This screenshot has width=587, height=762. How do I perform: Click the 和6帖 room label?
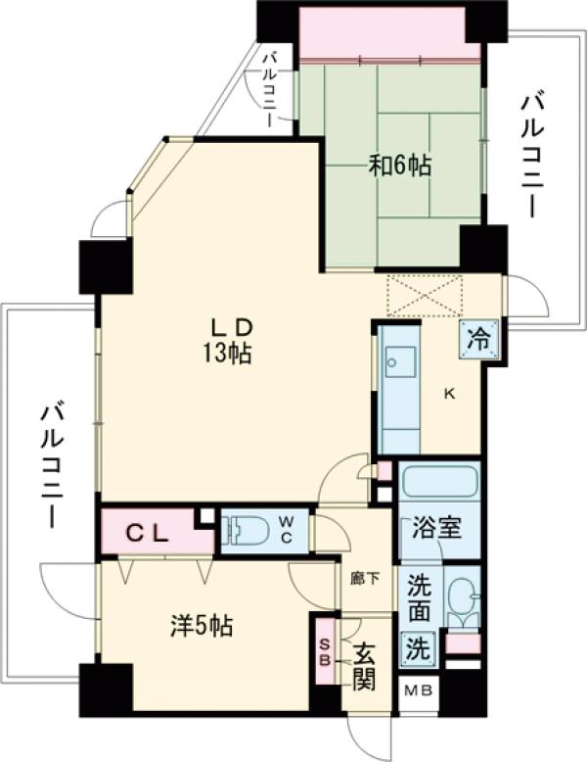coord(400,166)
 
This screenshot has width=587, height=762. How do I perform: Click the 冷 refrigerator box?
coord(479,340)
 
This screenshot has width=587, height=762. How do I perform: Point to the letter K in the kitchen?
coord(450,395)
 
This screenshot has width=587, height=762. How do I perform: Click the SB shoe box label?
coord(324,652)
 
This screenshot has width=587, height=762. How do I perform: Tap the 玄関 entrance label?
coord(364,665)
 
